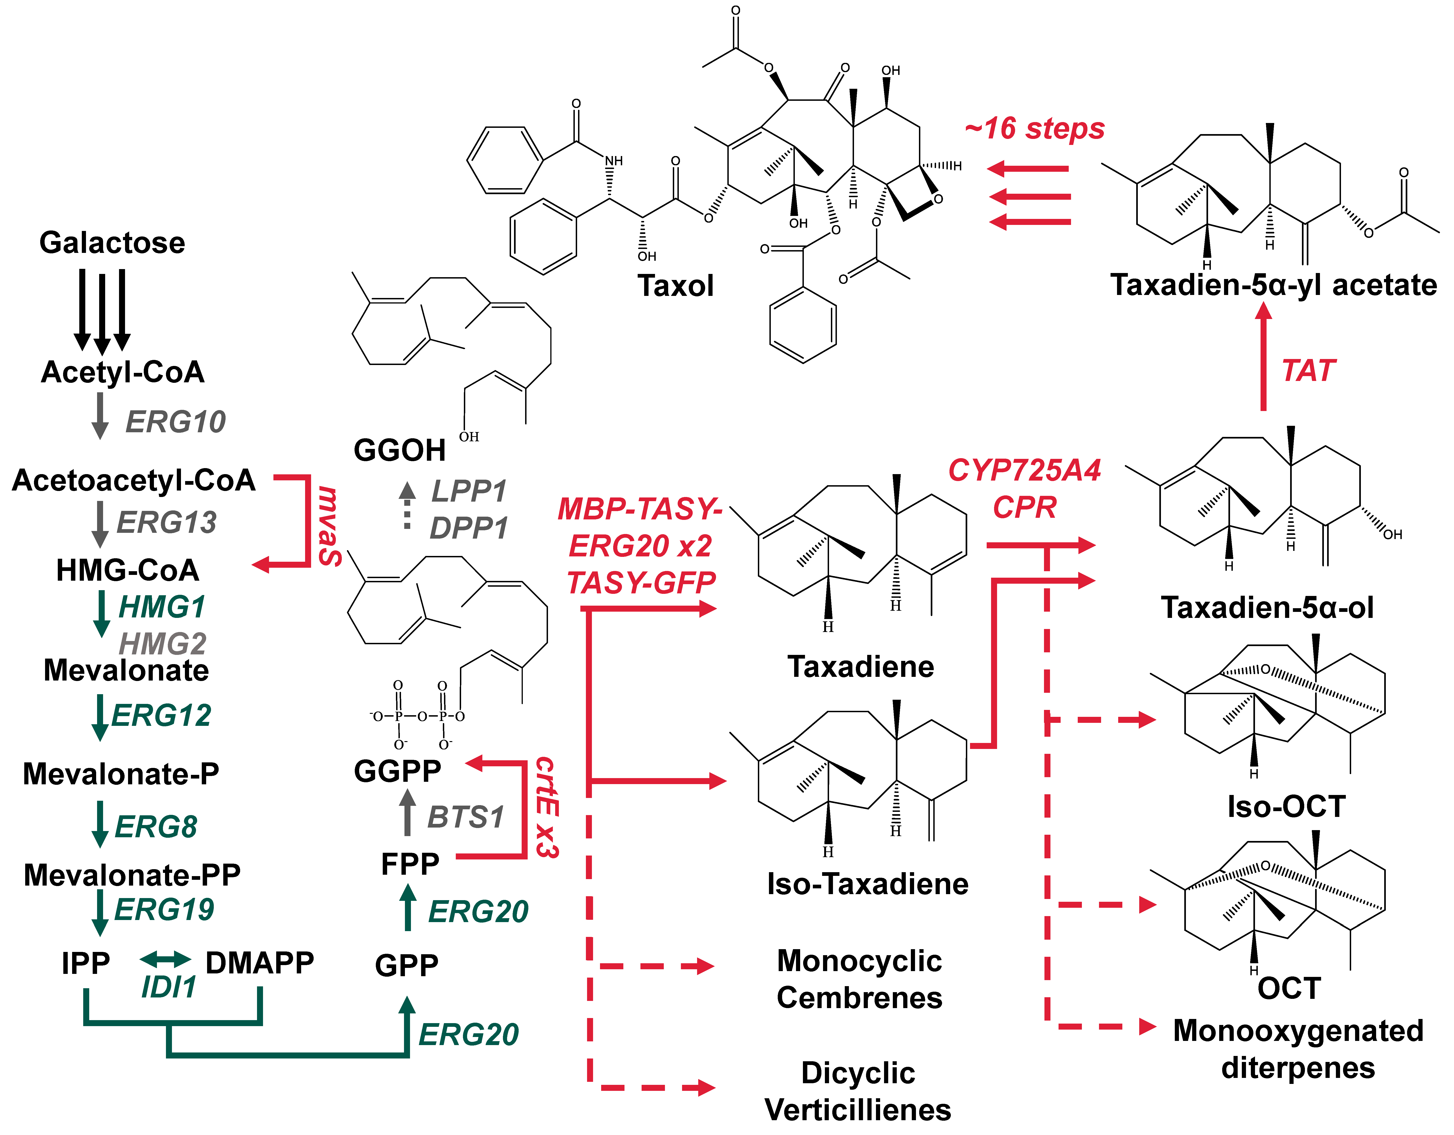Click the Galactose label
point(112,242)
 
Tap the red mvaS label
point(330,526)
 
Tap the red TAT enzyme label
point(1308,371)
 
